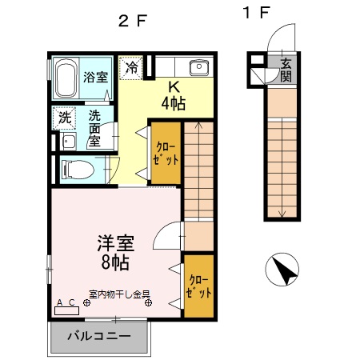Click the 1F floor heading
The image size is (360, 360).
(x=258, y=14)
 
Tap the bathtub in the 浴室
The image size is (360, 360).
(x=66, y=78)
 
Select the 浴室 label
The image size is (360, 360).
(x=95, y=78)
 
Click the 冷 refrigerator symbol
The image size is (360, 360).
(x=130, y=66)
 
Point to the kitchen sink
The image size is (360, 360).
(x=198, y=67)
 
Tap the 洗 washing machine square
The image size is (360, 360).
(x=65, y=117)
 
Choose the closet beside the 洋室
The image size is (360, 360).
(x=199, y=285)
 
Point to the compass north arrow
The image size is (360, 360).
(x=282, y=270)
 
